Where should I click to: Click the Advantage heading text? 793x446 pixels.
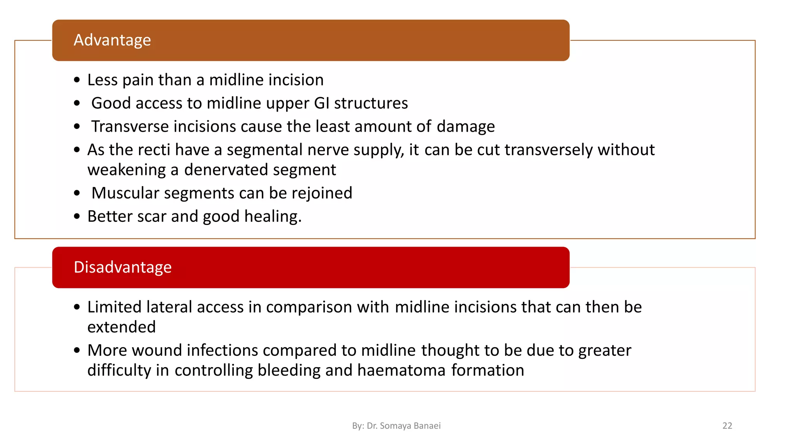click(x=112, y=40)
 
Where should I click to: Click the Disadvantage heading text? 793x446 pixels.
click(x=122, y=268)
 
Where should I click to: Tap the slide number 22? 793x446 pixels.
click(x=727, y=426)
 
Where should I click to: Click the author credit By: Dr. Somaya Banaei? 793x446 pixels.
click(x=396, y=426)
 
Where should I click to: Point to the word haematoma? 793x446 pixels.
click(x=402, y=371)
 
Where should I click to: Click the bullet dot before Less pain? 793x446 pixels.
click(x=77, y=80)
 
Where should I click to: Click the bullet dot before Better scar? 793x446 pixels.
click(x=77, y=216)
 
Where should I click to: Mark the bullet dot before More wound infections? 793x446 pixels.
click(x=77, y=350)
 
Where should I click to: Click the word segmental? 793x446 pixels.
click(x=264, y=150)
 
